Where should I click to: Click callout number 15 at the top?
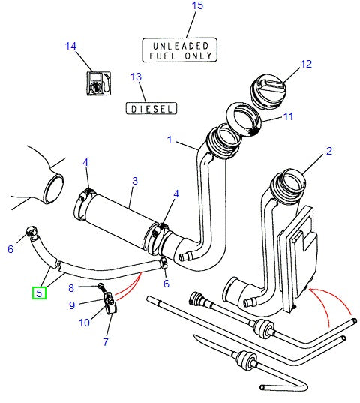click(197, 8)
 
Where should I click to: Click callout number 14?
click(71, 47)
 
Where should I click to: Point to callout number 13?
click(136, 77)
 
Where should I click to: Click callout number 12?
click(306, 65)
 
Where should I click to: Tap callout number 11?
click(289, 116)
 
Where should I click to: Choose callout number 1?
click(170, 140)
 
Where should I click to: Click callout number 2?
click(328, 152)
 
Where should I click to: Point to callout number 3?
click(134, 181)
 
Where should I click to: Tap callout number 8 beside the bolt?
click(71, 287)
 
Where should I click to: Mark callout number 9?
click(72, 305)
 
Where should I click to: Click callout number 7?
click(106, 342)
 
